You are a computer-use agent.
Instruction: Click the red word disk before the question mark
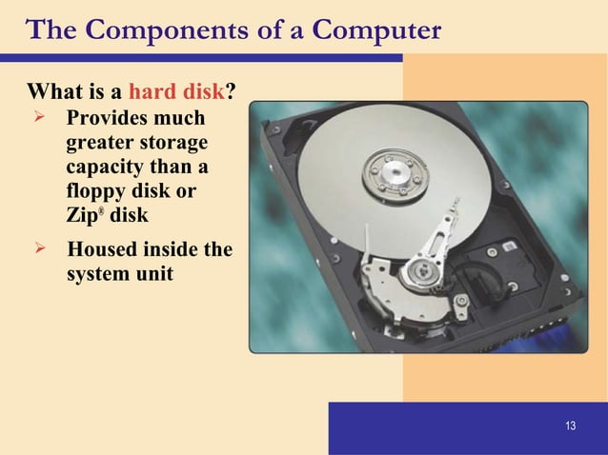202,93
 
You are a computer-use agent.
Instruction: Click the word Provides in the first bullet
107,121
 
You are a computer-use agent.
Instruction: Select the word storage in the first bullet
172,145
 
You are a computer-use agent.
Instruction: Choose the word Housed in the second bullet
99,251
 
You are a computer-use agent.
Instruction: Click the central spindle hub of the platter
388,174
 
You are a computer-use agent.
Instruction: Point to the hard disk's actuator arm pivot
417,276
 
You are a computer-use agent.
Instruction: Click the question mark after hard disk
231,93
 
